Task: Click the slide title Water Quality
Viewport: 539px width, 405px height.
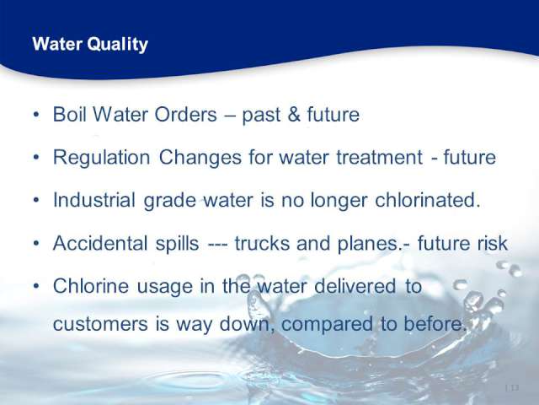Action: pos(90,45)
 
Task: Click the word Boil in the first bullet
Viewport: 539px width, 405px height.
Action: pos(69,114)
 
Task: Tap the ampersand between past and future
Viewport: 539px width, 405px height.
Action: pos(294,115)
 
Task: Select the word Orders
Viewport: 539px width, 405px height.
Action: pos(185,114)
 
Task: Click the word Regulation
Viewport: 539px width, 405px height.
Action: pos(101,158)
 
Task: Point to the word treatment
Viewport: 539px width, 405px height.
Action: pos(380,158)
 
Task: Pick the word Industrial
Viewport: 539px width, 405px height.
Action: pos(93,200)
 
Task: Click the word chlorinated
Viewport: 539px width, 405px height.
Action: pos(427,200)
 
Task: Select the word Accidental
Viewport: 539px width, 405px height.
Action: pos(100,243)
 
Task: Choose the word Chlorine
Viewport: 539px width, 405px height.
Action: pos(91,286)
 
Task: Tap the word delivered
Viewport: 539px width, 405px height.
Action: pos(355,286)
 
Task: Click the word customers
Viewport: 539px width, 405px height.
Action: pos(100,324)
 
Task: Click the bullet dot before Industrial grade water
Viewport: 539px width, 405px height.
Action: pos(36,200)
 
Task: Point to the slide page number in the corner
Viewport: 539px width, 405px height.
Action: pos(512,388)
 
